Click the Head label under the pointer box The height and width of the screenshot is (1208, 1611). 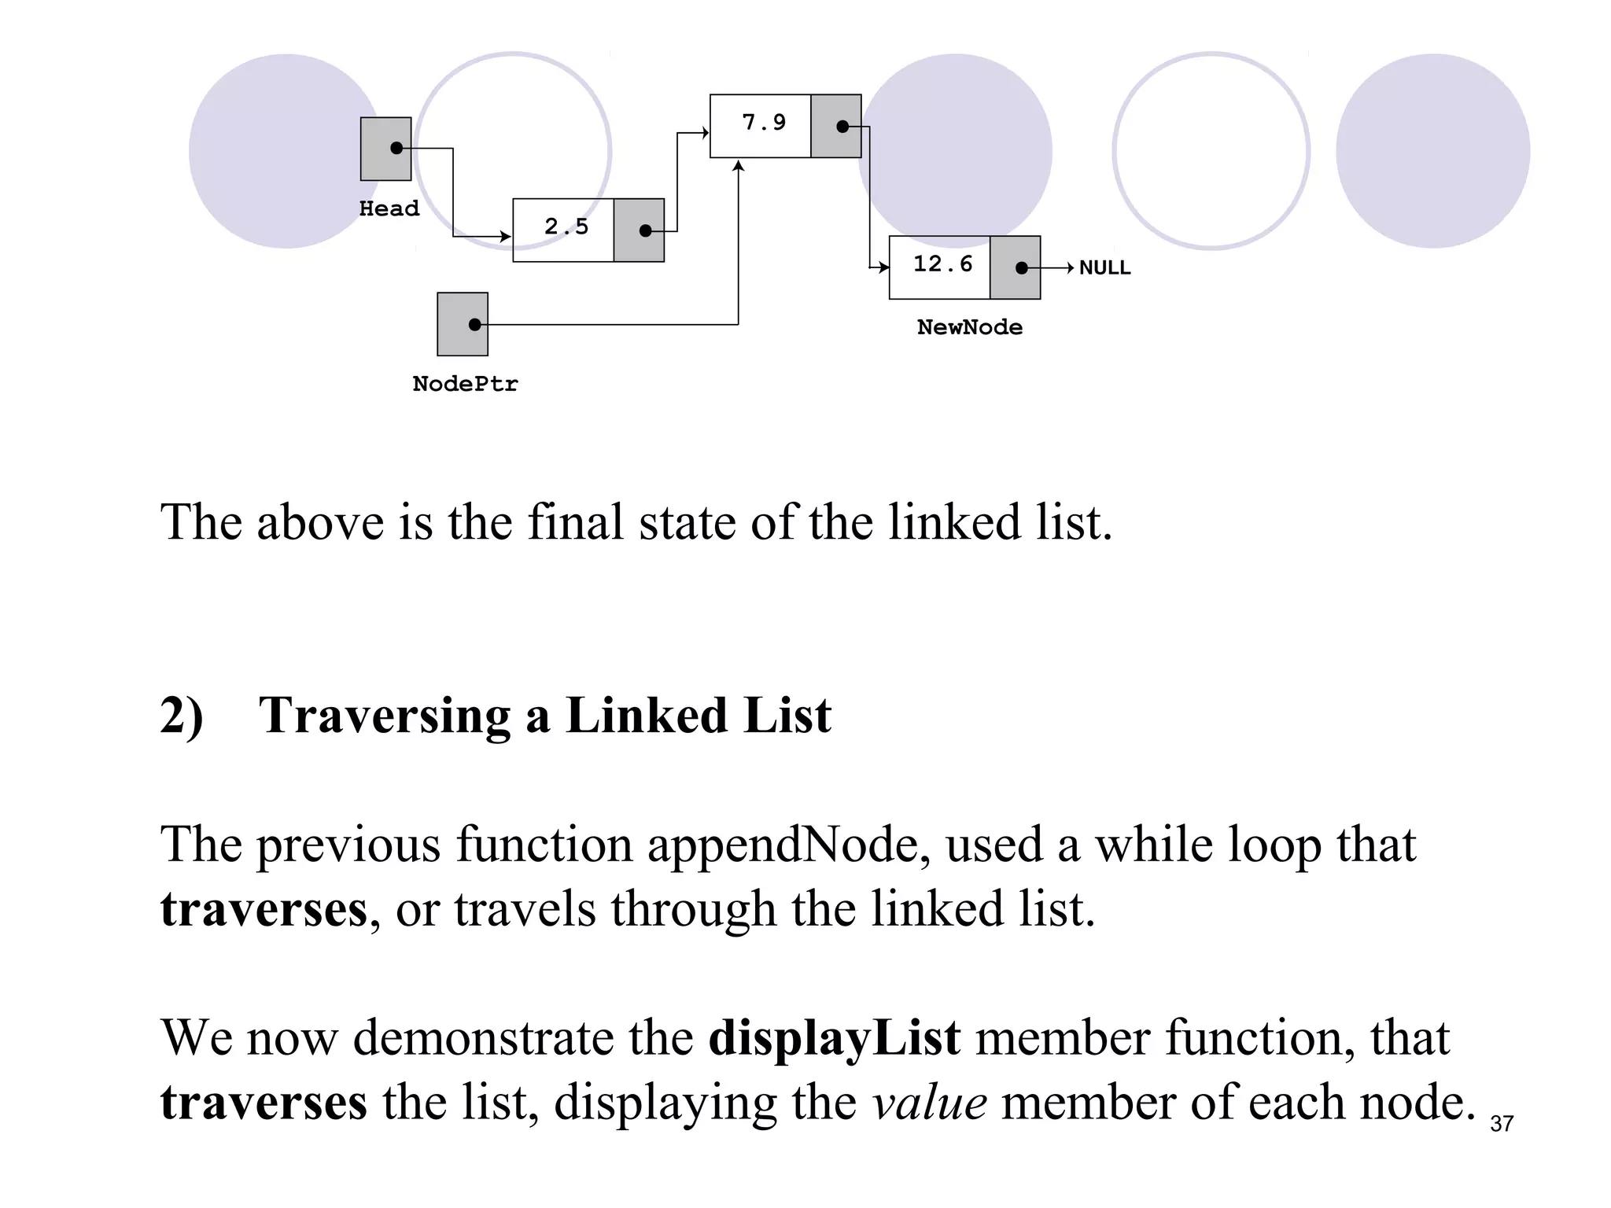click(389, 208)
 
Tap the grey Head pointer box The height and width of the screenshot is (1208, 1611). click(385, 149)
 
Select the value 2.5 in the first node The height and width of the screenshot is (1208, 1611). click(566, 227)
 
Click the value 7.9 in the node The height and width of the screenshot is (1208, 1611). click(764, 123)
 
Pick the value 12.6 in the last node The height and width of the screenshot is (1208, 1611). click(942, 264)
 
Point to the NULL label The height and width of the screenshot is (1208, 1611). click(1104, 268)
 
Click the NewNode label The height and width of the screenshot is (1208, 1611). click(970, 327)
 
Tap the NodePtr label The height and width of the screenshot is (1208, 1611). click(465, 384)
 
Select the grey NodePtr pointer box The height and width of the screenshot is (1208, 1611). click(463, 324)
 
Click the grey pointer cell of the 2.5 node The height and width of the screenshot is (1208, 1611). click(639, 230)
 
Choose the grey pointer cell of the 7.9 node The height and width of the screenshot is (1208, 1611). click(835, 126)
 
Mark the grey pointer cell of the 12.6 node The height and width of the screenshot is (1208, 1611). click(1015, 267)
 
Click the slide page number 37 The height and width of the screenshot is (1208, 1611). click(1501, 1124)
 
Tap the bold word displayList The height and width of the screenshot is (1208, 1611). click(834, 1037)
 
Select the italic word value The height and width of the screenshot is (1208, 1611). click(930, 1102)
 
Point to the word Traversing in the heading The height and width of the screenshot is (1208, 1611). click(385, 716)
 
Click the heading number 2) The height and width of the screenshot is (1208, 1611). click(182, 716)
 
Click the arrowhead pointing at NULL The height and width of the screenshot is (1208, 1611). click(1070, 268)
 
